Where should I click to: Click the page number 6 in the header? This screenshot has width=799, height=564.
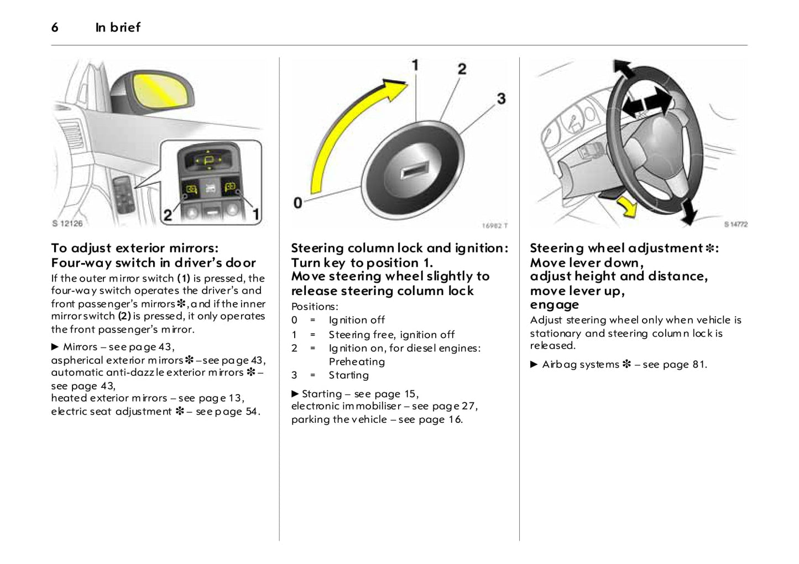(55, 28)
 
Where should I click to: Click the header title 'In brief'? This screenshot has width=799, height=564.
(118, 28)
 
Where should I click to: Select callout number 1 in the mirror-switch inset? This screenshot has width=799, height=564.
(256, 213)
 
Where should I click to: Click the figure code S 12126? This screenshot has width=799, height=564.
(67, 224)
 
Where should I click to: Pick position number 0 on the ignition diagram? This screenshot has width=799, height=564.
(298, 203)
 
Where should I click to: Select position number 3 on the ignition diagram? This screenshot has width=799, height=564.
(501, 99)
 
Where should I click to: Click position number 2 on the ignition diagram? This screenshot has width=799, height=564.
(462, 69)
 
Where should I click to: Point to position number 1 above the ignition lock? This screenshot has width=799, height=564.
(415, 65)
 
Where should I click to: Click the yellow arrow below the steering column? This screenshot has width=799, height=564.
(627, 207)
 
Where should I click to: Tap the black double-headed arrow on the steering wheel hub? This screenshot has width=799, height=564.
(646, 104)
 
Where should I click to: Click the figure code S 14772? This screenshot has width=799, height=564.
(735, 224)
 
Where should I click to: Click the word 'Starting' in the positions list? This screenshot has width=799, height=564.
(348, 375)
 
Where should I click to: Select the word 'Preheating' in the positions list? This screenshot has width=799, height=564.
(357, 362)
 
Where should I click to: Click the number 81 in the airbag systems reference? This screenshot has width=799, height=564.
(698, 365)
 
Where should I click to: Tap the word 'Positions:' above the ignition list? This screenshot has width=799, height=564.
(315, 307)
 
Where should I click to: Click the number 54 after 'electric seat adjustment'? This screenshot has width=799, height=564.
(251, 412)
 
